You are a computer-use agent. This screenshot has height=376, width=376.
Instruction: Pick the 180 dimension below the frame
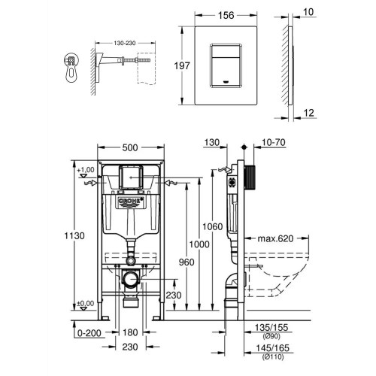(130, 332)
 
